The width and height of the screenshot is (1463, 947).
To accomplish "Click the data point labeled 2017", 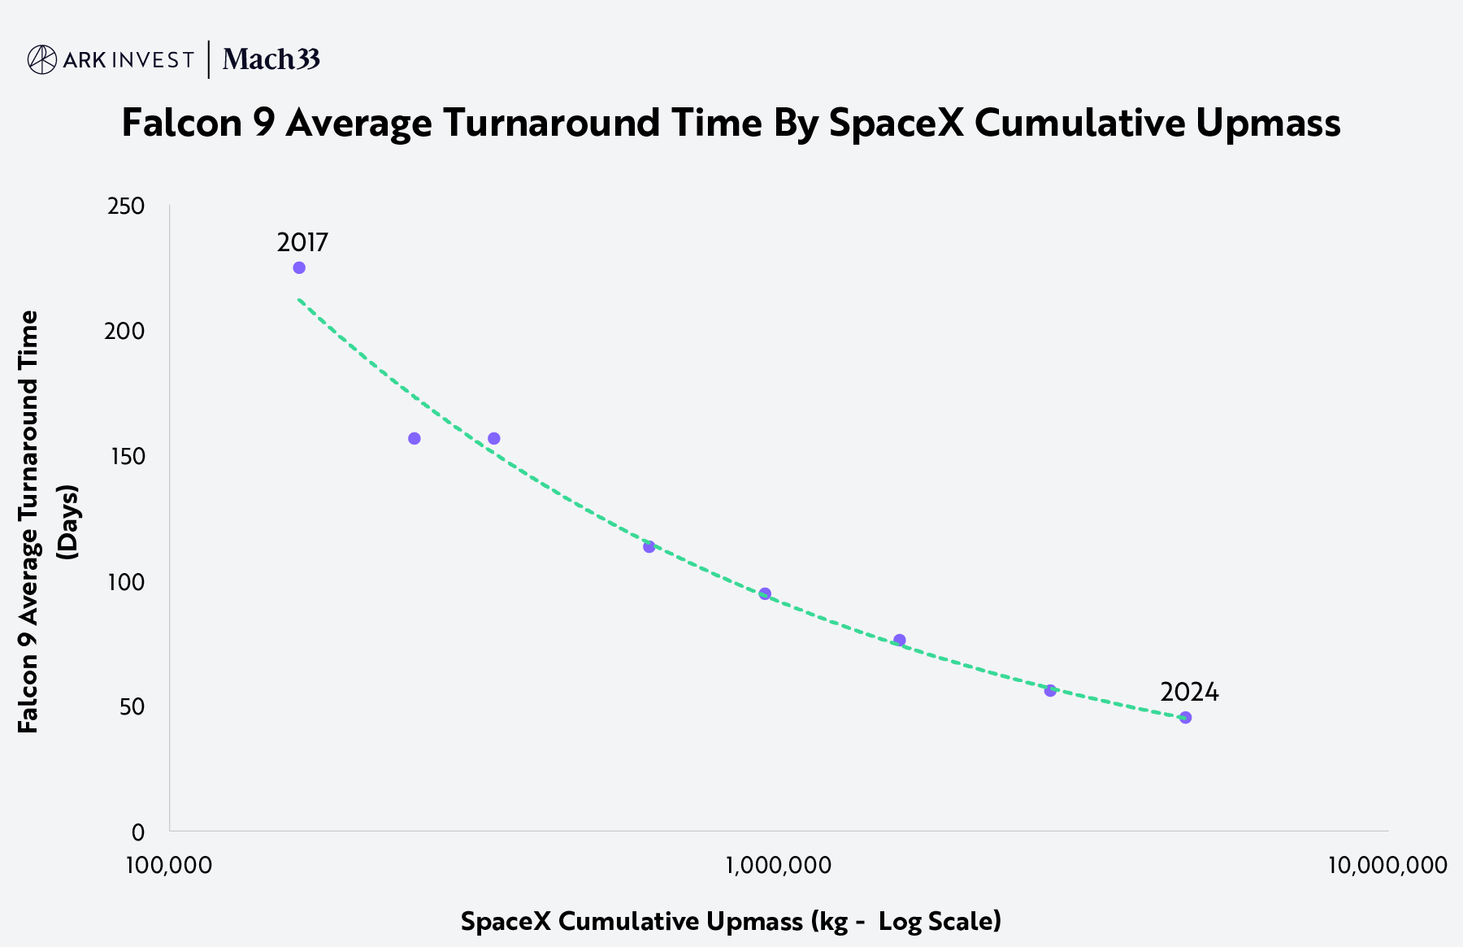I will [x=299, y=268].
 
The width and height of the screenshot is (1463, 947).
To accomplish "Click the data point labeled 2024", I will [x=1185, y=717].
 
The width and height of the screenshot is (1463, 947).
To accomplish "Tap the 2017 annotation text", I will [x=302, y=242].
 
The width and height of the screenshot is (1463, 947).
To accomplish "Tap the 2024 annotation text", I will [x=1189, y=692].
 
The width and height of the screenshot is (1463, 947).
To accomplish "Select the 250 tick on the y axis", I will [x=126, y=206].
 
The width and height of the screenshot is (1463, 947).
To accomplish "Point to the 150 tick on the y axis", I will [x=126, y=457].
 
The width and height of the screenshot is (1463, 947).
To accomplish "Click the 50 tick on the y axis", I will [x=132, y=707].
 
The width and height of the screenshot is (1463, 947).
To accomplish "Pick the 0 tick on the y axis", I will [x=137, y=832].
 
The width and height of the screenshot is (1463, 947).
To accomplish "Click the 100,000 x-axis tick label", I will [x=169, y=865].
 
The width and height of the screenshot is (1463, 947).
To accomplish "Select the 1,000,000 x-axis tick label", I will [x=779, y=865].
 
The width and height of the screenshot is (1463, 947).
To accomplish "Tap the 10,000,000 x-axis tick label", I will [x=1387, y=865].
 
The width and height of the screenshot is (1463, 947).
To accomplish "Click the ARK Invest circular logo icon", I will [x=42, y=59].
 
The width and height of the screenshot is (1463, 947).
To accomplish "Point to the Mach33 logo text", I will [x=271, y=59].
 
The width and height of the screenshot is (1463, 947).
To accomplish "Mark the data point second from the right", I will [x=1050, y=690].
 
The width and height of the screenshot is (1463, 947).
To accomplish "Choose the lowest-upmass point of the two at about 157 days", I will [x=415, y=439].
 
